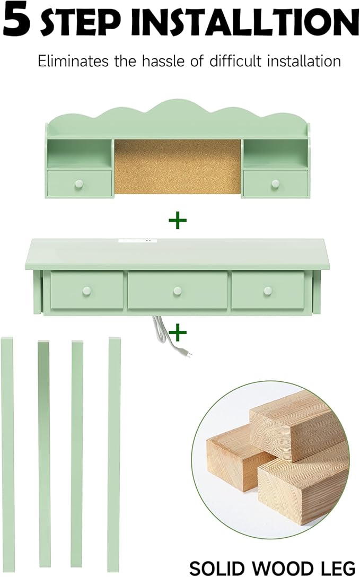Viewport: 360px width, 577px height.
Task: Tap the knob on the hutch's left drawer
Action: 78,183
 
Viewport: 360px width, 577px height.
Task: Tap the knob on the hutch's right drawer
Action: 275,183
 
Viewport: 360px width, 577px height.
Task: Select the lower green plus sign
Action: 178,333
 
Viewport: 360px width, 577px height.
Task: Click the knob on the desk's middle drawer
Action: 178,291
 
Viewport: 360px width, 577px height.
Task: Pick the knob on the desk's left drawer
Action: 86,291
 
